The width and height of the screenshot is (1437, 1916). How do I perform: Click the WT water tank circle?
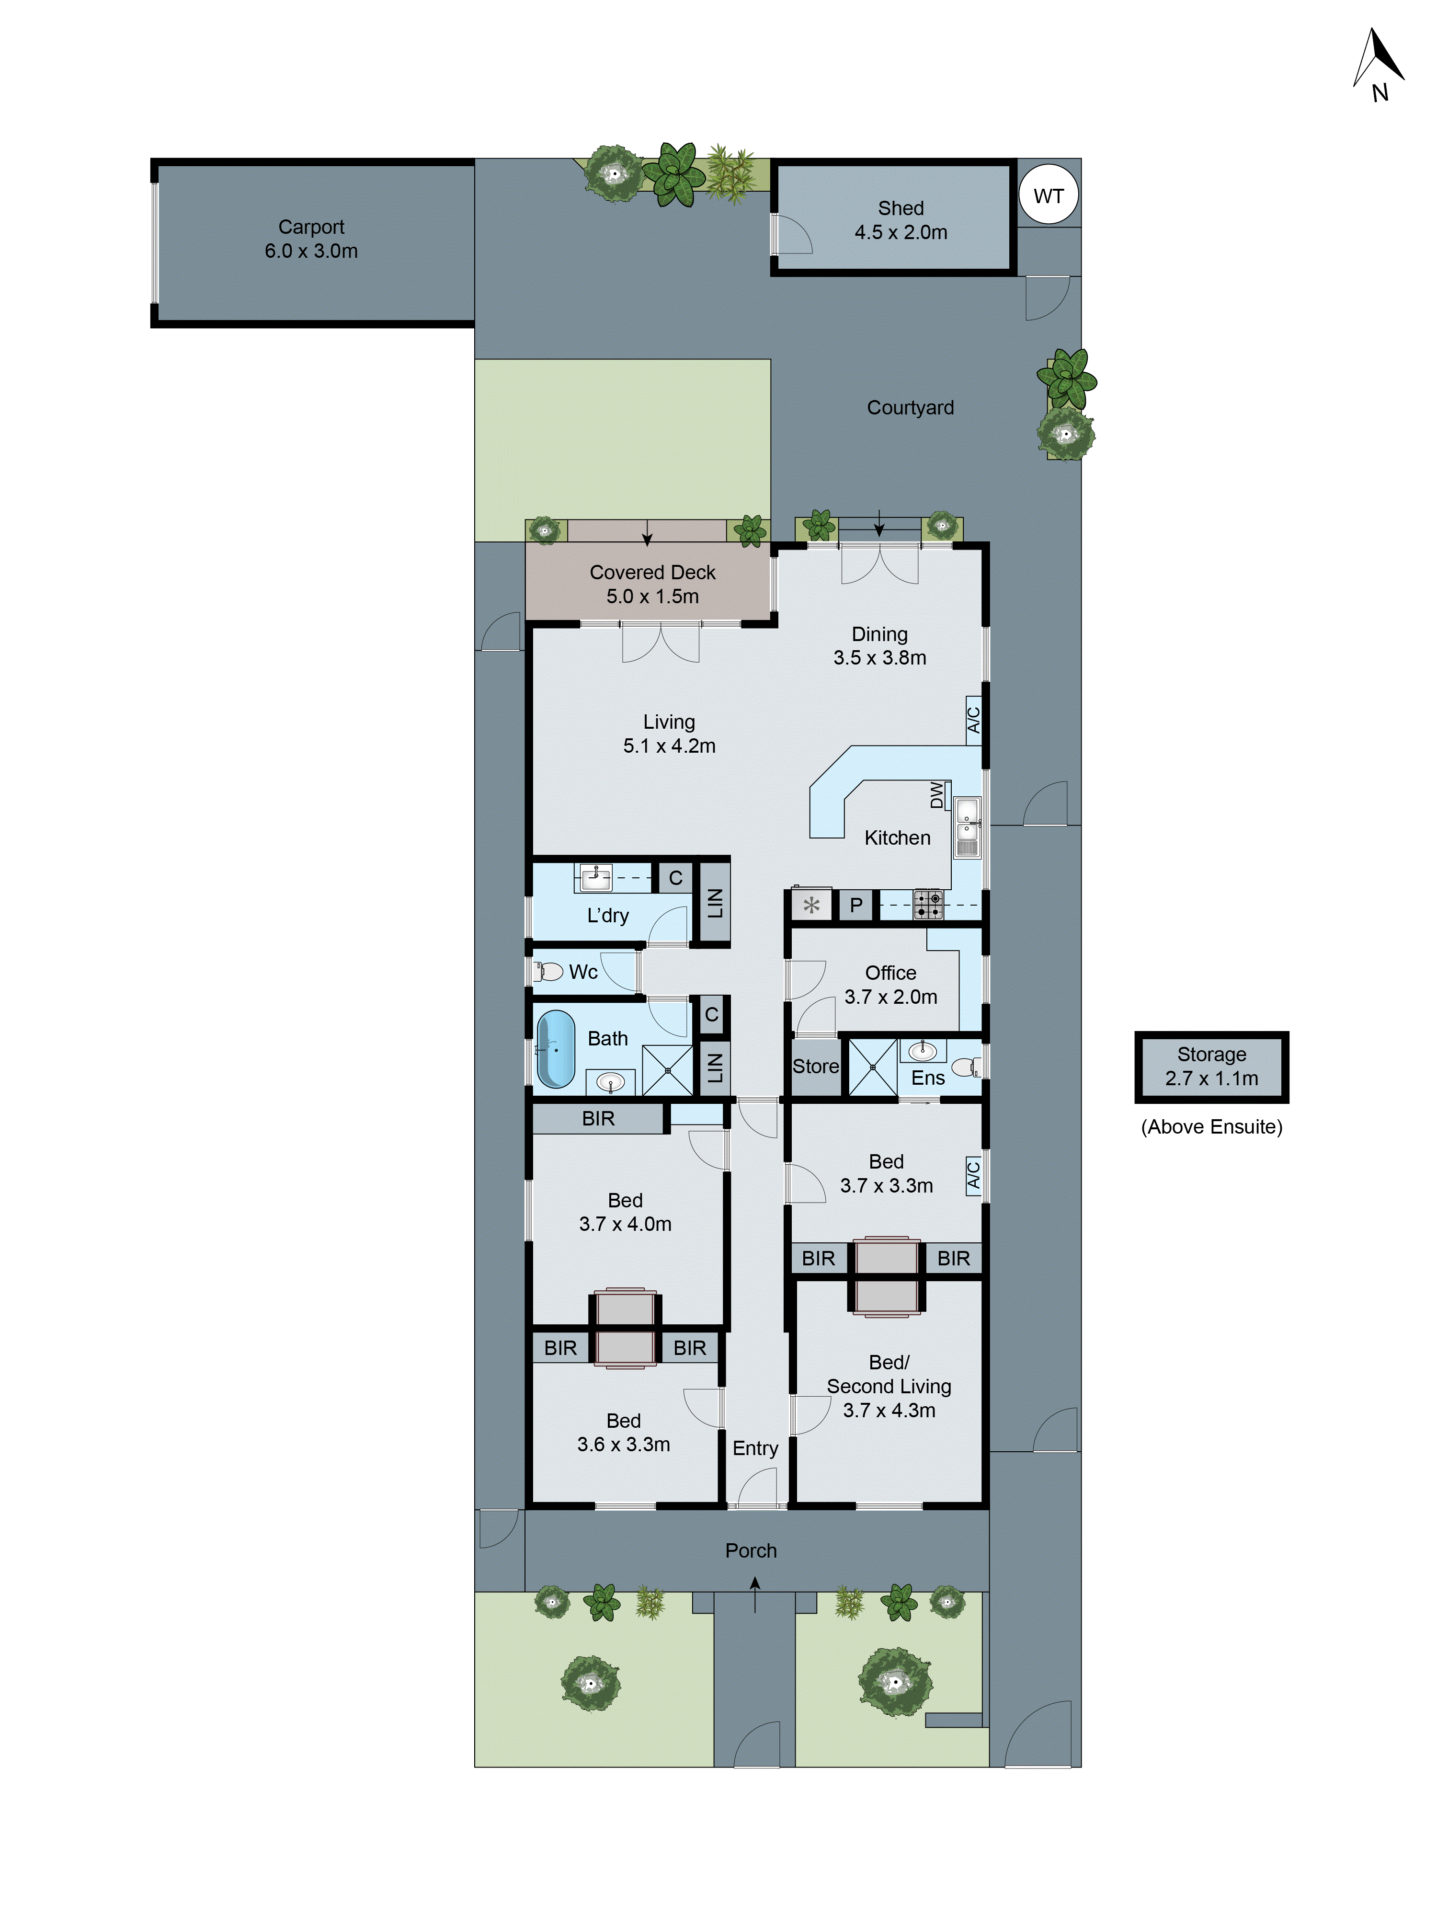click(1048, 196)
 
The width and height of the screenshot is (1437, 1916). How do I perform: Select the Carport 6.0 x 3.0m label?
click(311, 239)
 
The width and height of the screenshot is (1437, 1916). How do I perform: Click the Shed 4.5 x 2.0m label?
click(901, 220)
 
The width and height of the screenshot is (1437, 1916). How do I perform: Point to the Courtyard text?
click(911, 408)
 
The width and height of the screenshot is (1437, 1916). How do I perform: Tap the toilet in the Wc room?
click(549, 972)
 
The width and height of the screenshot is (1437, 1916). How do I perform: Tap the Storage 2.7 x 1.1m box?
click(1211, 1066)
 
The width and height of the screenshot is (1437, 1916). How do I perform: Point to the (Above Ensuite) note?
click(1211, 1127)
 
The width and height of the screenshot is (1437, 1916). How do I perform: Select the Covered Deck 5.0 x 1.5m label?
click(652, 585)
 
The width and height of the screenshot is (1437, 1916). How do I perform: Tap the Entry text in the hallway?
click(755, 1448)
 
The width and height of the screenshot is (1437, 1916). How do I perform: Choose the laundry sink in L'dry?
click(596, 877)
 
